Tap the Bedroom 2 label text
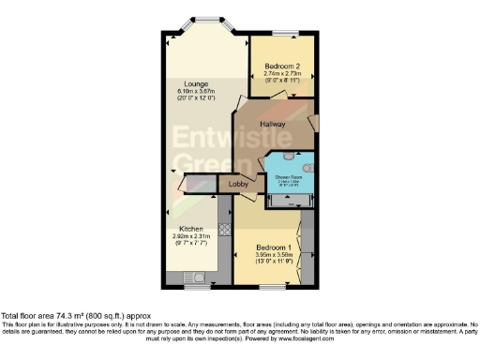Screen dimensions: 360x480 pos(282,67)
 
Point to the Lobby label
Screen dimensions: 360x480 pos(239,186)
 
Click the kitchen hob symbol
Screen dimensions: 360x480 pos(224,228)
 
